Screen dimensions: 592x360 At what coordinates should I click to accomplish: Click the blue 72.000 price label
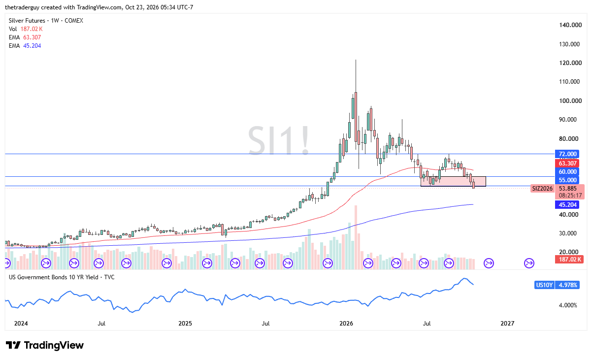tap(567, 154)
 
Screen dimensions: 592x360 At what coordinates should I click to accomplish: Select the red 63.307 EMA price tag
tap(567, 163)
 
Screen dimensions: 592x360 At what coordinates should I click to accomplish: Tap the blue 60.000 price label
tap(567, 171)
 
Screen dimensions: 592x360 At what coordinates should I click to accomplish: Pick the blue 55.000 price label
tap(567, 180)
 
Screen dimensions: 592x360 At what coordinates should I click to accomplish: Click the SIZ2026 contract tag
tap(542, 189)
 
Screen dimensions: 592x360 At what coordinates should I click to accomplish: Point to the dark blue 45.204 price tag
tap(567, 204)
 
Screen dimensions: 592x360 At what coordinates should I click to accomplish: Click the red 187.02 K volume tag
tap(569, 260)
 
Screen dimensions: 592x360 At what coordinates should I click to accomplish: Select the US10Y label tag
tap(544, 285)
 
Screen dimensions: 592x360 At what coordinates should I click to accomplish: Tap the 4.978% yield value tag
tap(567, 285)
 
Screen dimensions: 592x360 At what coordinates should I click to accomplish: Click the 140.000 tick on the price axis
tap(570, 25)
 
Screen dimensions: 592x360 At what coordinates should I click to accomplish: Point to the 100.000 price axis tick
tap(570, 100)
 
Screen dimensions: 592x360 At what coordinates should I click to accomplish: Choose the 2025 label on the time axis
tap(185, 323)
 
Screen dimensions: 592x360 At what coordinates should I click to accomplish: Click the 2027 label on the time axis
tap(507, 323)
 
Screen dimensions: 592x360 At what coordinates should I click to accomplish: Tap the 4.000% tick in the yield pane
tap(568, 305)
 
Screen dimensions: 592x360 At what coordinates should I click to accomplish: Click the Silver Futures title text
tap(27, 21)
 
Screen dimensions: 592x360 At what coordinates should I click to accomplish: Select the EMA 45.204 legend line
tap(25, 46)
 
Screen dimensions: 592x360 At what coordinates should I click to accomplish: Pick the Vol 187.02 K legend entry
tap(26, 29)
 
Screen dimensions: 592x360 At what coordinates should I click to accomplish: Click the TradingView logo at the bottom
tap(45, 345)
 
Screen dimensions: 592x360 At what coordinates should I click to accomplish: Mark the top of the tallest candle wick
tap(356, 60)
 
